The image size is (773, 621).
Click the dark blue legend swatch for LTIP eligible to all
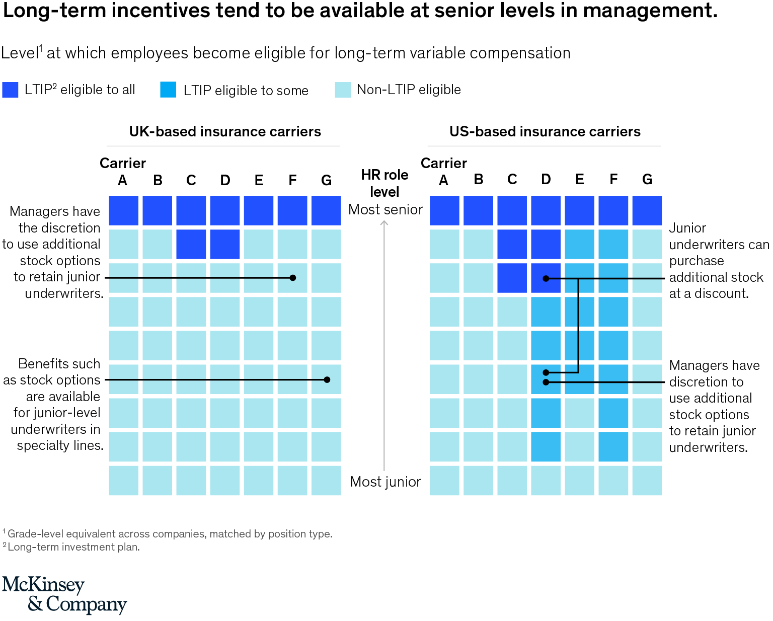pos(10,90)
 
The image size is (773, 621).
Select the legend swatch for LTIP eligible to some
pos(168,90)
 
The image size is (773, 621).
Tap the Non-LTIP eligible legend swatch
pos(343,90)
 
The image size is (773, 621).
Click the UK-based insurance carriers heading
pos(224,131)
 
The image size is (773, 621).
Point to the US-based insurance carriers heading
pos(545,131)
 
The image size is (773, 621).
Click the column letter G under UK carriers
pos(326,180)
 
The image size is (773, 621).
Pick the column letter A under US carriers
pos(443,180)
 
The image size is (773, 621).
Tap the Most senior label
pos(385,209)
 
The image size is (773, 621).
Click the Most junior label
pos(385,482)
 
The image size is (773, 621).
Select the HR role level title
pos(384,183)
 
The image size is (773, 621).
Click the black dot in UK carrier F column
pos(293,278)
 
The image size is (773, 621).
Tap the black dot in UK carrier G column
pos(327,380)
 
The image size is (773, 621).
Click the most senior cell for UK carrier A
pos(123,210)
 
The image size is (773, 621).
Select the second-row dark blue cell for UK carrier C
pos(191,244)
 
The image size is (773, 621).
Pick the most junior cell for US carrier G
pos(647,480)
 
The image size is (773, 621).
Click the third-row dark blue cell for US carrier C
pos(512,278)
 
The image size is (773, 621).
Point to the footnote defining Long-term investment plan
pos(73,547)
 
